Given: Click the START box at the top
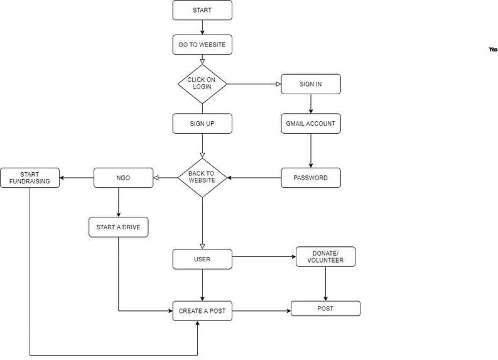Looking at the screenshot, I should click(202, 10).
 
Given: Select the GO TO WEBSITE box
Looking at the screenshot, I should click(202, 45).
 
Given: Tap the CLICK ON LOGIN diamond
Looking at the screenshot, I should click(202, 84).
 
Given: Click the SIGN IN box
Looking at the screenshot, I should click(310, 84).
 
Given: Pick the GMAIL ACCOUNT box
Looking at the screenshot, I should click(310, 124).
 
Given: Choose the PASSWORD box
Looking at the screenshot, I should click(310, 178).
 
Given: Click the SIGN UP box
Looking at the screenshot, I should click(202, 124).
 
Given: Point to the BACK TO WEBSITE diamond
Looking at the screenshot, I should click(202, 178).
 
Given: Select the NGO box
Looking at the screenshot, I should click(123, 178).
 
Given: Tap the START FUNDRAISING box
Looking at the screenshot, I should click(30, 178).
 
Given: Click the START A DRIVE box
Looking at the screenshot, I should click(119, 227).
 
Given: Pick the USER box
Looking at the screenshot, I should click(202, 259).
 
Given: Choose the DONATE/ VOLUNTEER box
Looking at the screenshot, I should click(325, 256).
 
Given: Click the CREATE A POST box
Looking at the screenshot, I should click(202, 311).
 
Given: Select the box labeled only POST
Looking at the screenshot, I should click(325, 308).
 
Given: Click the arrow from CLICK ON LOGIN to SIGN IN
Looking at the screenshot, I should click(254, 84).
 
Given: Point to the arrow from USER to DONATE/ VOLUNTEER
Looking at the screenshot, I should click(264, 256).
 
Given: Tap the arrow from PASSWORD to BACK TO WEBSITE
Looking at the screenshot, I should click(254, 178).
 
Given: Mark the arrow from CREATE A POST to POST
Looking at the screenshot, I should click(261, 310).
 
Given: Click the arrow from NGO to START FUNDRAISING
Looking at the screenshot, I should click(77, 178).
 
